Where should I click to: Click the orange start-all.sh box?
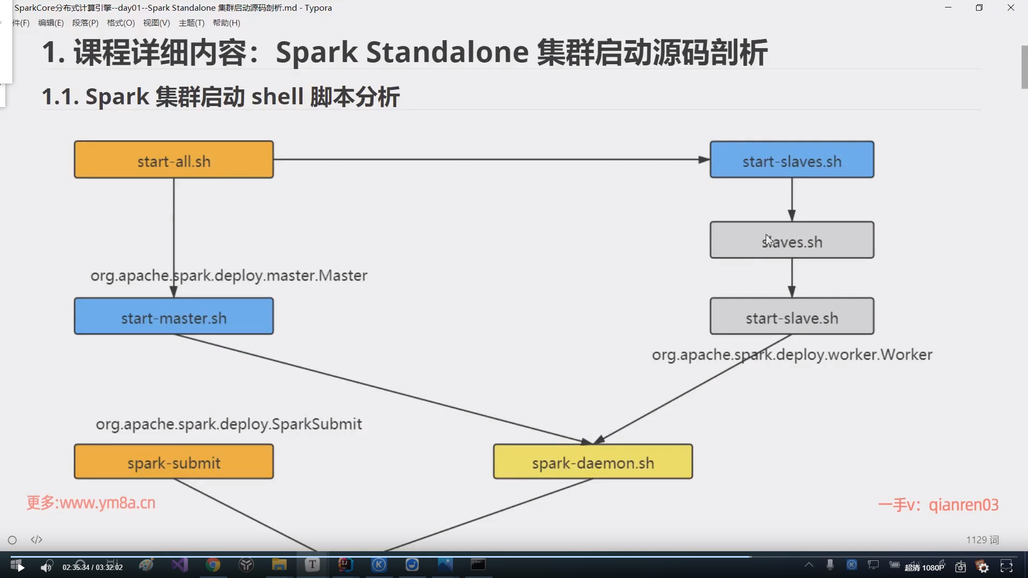[173, 159]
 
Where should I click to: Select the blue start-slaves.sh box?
[791, 159]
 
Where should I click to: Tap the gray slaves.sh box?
[791, 240]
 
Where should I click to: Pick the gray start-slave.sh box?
[791, 316]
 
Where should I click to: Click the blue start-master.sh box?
[173, 316]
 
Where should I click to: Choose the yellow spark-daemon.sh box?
[593, 461]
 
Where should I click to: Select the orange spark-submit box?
[173, 461]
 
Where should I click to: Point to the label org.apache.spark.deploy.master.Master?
[229, 276]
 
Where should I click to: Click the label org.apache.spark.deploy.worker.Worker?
[792, 355]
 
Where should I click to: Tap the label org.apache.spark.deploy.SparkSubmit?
[229, 424]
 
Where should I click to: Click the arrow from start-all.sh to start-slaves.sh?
[491, 159]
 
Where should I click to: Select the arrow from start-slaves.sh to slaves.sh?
[792, 199]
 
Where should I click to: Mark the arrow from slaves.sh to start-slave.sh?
[792, 278]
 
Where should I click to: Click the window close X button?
[1010, 7]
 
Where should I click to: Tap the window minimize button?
[948, 7]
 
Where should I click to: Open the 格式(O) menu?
[120, 23]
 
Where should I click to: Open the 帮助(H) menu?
[226, 23]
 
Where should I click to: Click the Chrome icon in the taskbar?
[213, 565]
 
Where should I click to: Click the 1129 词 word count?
[982, 540]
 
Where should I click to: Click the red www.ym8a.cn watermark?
[91, 503]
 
